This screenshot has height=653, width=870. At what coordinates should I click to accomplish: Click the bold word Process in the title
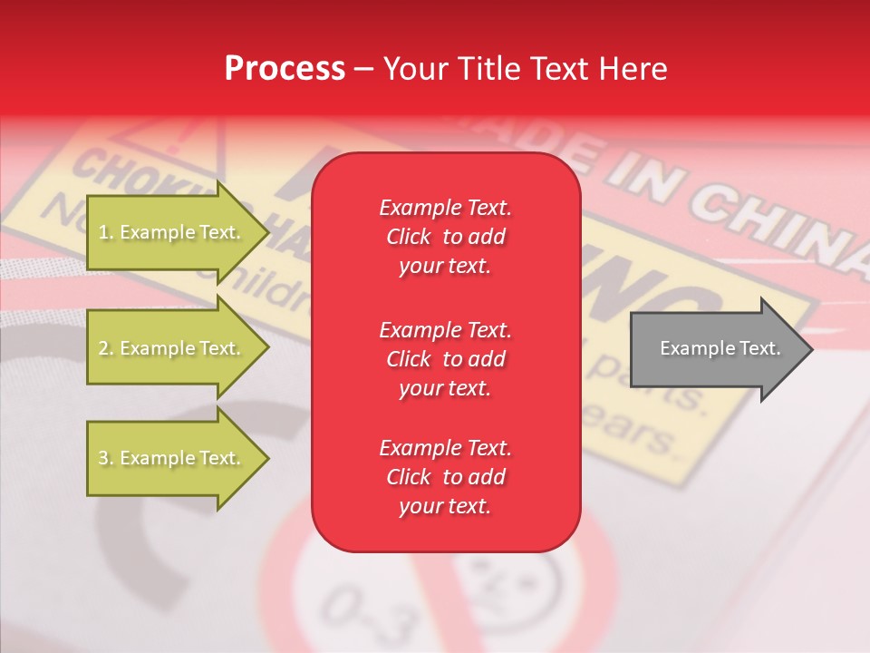coord(285,69)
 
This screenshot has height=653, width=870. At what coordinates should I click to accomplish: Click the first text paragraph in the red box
coord(445,237)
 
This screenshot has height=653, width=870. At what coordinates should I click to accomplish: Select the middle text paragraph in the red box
coord(445,358)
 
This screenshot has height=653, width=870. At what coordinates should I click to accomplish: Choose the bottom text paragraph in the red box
coord(445,477)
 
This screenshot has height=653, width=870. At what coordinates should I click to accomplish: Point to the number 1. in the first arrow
coord(106,232)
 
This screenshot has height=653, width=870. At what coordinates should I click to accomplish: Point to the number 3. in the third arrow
coord(106,458)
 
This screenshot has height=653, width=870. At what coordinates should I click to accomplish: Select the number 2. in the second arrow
coord(106,348)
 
